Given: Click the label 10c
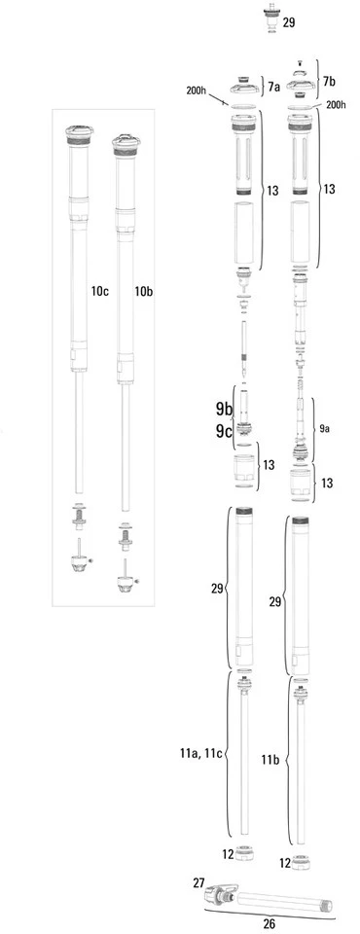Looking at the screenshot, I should pyautogui.click(x=101, y=291).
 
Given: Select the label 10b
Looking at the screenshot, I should pyautogui.click(x=144, y=291).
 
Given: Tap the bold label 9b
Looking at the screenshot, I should pyautogui.click(x=224, y=409).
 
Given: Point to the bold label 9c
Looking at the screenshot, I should pyautogui.click(x=224, y=432).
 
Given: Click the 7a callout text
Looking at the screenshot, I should pyautogui.click(x=274, y=87).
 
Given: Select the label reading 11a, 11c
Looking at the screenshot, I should pyautogui.click(x=201, y=753).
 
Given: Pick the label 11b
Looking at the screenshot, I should pyautogui.click(x=274, y=757).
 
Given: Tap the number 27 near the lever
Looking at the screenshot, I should pyautogui.click(x=198, y=883).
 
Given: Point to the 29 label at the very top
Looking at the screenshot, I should pyautogui.click(x=289, y=20).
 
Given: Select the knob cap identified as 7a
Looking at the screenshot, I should pyautogui.click(x=247, y=85).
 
